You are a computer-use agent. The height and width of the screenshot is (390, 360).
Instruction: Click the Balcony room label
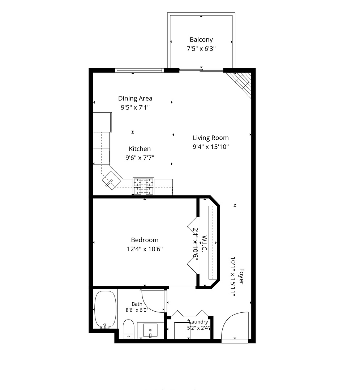[201, 40]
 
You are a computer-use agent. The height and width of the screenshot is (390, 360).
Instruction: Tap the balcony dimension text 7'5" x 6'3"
[201, 48]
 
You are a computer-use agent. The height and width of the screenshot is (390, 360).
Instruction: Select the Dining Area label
[135, 99]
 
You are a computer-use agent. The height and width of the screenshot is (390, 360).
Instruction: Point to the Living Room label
[211, 138]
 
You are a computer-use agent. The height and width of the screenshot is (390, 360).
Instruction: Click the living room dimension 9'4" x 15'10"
[211, 147]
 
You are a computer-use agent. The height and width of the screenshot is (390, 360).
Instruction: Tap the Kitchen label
[140, 149]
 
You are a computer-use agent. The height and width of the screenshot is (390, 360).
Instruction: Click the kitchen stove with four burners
[143, 186]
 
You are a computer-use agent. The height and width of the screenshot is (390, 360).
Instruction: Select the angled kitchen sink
[111, 181]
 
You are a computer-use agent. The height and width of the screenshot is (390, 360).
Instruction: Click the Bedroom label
[145, 240]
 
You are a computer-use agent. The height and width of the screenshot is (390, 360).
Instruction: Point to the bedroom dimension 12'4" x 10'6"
[145, 249]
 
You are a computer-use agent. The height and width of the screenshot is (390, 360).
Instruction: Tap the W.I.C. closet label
[205, 244]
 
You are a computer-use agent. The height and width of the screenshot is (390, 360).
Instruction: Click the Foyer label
[241, 276]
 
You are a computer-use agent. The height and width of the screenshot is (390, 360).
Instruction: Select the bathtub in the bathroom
[106, 310]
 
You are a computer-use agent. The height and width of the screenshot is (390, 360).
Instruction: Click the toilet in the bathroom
[129, 329]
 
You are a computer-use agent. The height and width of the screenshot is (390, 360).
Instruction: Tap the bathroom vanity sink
[150, 330]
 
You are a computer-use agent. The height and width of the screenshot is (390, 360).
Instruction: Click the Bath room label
[137, 304]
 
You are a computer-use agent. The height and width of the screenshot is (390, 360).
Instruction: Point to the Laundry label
[198, 322]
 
